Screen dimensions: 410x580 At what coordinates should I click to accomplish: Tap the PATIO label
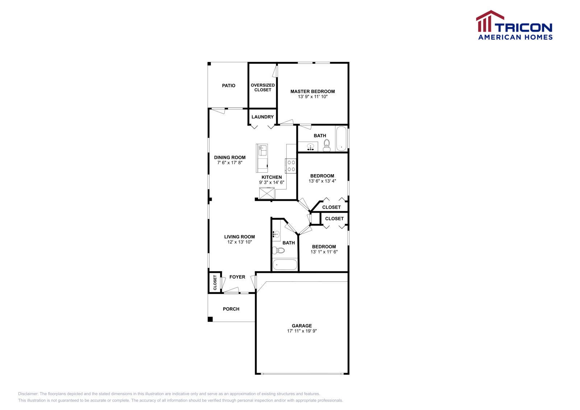228,86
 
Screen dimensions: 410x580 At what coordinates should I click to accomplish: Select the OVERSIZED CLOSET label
262,88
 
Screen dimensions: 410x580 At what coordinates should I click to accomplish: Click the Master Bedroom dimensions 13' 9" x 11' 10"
312,97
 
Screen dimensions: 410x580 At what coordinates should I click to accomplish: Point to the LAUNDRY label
262,117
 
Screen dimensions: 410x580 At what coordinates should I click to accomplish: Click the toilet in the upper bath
327,145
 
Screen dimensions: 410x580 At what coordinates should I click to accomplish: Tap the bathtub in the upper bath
341,138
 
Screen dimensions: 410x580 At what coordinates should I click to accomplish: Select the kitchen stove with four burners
291,166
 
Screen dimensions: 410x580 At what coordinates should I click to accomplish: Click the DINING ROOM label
229,158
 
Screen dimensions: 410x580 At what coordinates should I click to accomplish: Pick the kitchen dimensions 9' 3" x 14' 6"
272,183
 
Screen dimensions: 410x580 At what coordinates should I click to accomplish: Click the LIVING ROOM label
239,237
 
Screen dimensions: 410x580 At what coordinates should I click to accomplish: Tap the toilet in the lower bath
279,250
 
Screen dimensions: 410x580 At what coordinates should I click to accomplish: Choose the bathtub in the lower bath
285,265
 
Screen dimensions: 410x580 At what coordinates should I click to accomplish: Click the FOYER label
237,277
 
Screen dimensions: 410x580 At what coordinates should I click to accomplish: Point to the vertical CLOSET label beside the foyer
215,283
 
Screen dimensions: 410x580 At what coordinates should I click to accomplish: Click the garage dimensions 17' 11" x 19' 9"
302,331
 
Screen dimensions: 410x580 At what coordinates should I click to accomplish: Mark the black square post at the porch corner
210,319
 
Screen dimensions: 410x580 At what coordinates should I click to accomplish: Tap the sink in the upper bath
310,147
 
